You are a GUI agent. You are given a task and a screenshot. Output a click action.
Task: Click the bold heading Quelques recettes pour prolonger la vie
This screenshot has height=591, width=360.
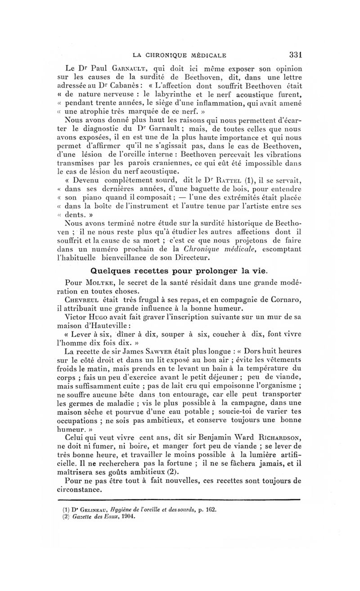tap(180, 271)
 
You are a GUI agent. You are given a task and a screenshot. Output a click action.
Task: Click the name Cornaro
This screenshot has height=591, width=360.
tap(282, 300)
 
